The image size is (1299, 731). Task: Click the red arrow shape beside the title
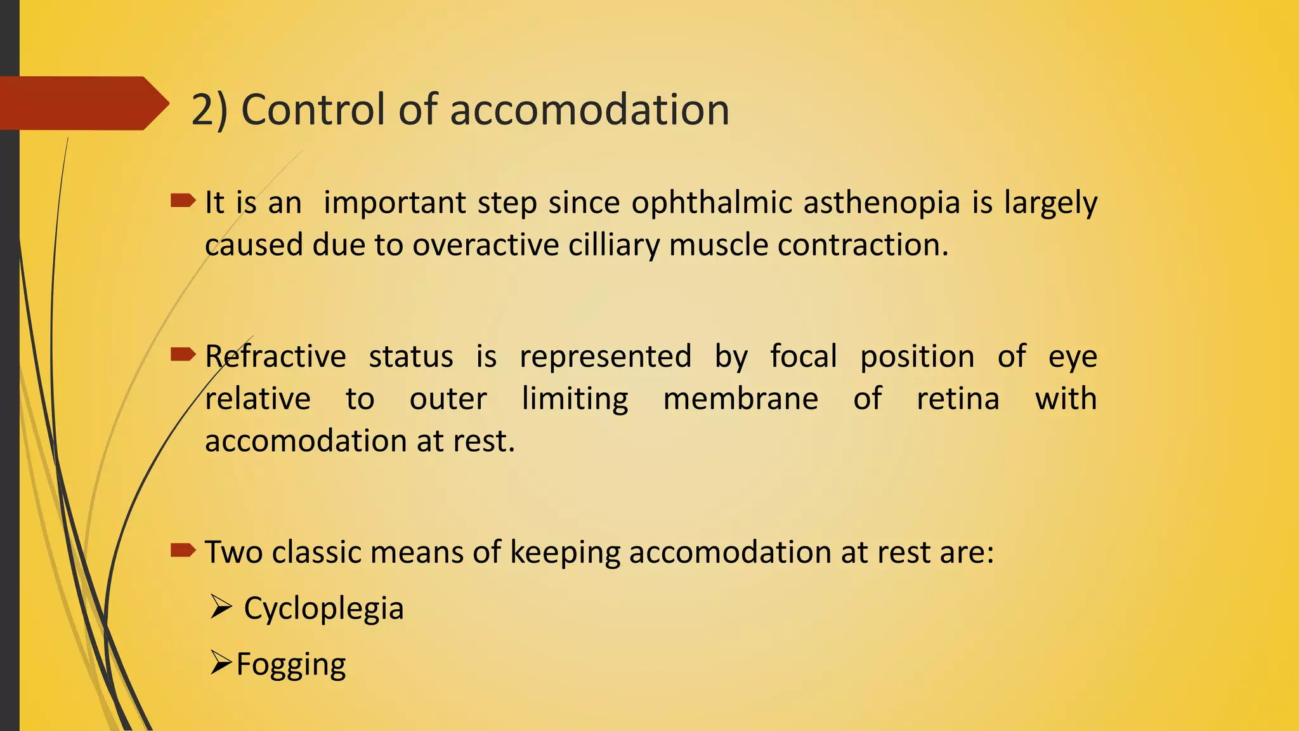pos(82,103)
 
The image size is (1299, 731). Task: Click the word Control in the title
pos(313,110)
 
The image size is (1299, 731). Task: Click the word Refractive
pos(275,357)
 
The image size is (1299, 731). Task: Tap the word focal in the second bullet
pos(804,357)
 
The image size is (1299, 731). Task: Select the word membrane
pos(740,399)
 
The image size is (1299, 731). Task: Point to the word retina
pos(958,399)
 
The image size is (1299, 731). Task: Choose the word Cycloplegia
pos(323,609)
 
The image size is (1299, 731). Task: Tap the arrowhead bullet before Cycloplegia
pos(221,607)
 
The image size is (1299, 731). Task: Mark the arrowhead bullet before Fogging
pos(221,663)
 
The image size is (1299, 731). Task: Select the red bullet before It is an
pos(183,201)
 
